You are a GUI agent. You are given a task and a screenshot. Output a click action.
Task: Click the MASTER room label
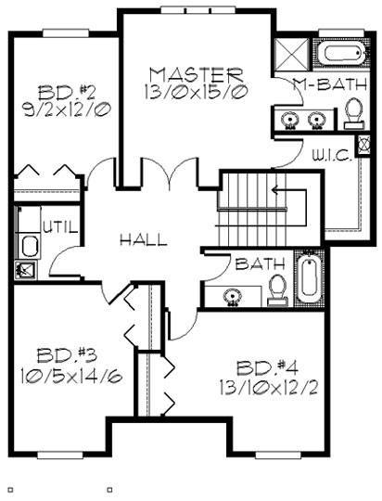point(197,75)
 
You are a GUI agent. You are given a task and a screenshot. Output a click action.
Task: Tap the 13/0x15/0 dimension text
point(197,93)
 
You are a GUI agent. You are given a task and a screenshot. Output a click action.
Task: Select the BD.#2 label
point(67,93)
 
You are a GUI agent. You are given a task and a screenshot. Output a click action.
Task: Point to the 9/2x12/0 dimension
point(67,109)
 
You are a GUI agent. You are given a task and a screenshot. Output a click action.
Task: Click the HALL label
point(144,239)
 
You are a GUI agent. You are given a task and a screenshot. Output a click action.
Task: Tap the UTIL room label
point(60,227)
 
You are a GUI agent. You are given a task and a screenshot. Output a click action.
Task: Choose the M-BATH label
point(330,84)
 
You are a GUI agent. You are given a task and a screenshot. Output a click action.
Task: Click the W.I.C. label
point(332,156)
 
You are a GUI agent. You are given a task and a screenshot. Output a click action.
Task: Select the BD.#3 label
point(67,355)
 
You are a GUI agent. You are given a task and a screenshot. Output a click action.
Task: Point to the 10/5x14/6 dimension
point(71,375)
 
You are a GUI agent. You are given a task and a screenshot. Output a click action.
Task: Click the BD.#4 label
point(267,367)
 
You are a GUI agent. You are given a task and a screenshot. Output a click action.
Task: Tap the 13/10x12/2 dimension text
point(269,388)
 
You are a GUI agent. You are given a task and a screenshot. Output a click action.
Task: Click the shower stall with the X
point(292,55)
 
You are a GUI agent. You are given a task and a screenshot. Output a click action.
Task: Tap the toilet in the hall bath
point(277,290)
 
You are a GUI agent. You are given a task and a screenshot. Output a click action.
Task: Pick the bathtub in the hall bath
point(309,278)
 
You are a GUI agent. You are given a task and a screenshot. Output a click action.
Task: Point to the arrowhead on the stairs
point(274,190)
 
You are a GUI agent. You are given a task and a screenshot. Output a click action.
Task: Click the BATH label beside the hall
point(260,263)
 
